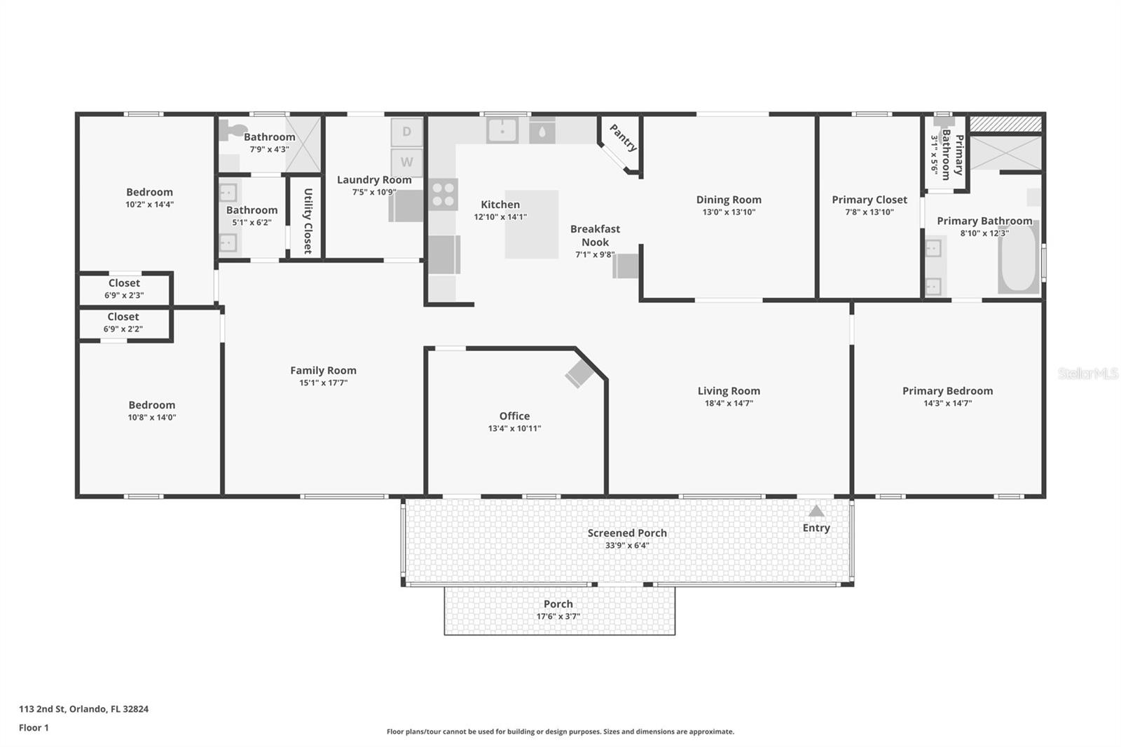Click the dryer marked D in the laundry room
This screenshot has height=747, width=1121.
pyautogui.click(x=406, y=132)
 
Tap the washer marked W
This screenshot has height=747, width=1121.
pyautogui.click(x=406, y=162)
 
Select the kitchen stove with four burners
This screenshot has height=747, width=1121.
pyautogui.click(x=443, y=194)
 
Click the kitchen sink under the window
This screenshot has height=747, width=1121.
pyautogui.click(x=502, y=130)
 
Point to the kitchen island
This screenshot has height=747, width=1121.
pyautogui.click(x=532, y=224)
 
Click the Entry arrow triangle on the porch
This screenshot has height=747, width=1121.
pyautogui.click(x=816, y=511)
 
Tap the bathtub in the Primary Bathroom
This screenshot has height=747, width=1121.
pyautogui.click(x=1019, y=258)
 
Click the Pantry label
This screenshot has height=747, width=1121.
pyautogui.click(x=623, y=137)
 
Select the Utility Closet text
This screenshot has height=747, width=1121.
pyautogui.click(x=308, y=221)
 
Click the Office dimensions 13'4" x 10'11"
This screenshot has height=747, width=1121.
pyautogui.click(x=514, y=428)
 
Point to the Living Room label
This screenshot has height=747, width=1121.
pyautogui.click(x=729, y=390)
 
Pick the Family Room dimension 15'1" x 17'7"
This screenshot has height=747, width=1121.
pyautogui.click(x=323, y=383)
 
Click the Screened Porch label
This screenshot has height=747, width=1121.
pyautogui.click(x=627, y=533)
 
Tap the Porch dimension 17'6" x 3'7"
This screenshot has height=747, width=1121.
pyautogui.click(x=558, y=616)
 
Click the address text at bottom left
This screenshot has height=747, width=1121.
pyautogui.click(x=83, y=708)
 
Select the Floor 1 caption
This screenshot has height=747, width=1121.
pyautogui.click(x=34, y=727)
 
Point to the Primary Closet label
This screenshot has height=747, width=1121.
pyautogui.click(x=869, y=199)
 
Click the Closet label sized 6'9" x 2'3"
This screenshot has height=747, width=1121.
pyautogui.click(x=124, y=283)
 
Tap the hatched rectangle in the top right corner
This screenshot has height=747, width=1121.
pyautogui.click(x=1005, y=124)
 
